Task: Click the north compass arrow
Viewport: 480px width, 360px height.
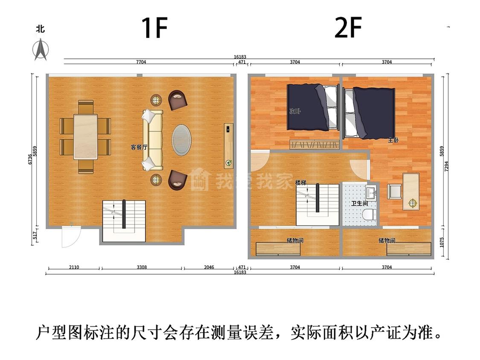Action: click(41, 49)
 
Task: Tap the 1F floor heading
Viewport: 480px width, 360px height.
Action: click(154, 28)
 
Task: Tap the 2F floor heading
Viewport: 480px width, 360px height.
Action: click(348, 28)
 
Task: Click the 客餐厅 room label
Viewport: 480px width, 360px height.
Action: click(139, 147)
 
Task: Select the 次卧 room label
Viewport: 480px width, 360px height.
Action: click(295, 111)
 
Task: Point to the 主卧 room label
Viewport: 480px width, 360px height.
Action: click(393, 140)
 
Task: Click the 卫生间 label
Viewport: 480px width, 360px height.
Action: click(359, 203)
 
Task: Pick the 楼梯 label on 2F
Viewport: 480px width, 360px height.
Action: click(301, 183)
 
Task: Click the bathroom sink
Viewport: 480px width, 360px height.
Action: click(371, 193)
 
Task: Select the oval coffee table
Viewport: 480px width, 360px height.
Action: click(181, 140)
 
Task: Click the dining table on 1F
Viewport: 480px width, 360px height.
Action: click(86, 137)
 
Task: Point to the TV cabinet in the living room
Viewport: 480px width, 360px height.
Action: click(228, 146)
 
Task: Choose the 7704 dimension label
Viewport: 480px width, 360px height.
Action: click(141, 62)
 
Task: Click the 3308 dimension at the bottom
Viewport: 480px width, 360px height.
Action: click(142, 267)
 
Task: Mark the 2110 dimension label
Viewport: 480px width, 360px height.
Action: click(74, 267)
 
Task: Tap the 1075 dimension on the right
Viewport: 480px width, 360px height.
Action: click(442, 242)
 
